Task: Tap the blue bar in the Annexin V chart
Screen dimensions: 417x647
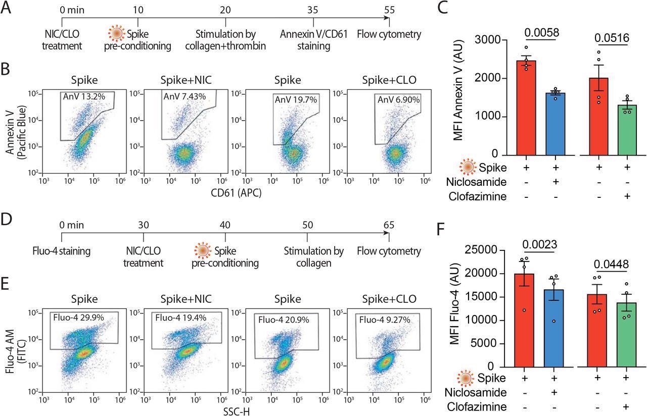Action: [x=554, y=123]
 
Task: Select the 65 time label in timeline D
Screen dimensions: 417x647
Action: [x=388, y=226]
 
